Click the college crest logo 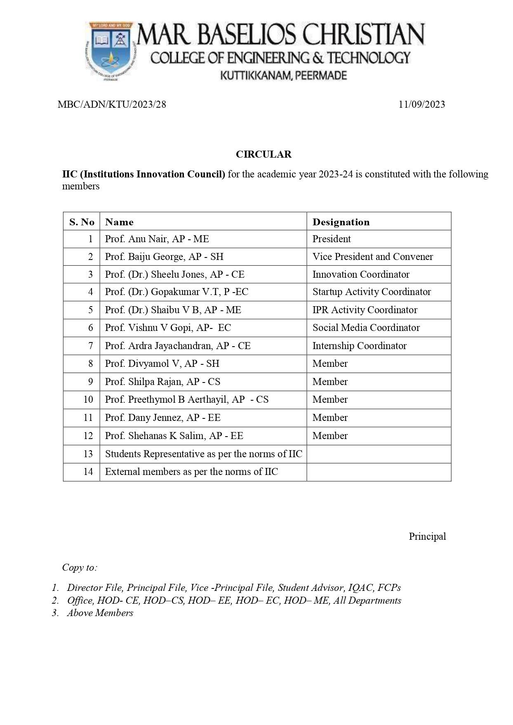pyautogui.click(x=110, y=51)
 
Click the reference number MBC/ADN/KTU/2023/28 pyautogui.click(x=112, y=104)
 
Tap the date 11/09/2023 pyautogui.click(x=421, y=104)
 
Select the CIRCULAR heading pyautogui.click(x=264, y=154)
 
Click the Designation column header pyautogui.click(x=341, y=222)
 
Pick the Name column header pyautogui.click(x=119, y=222)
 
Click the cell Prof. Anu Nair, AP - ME pyautogui.click(x=157, y=239)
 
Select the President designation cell pyautogui.click(x=332, y=239)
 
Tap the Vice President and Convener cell pyautogui.click(x=372, y=257)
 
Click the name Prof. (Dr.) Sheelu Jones pyautogui.click(x=174, y=274)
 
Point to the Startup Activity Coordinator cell pyautogui.click(x=372, y=292)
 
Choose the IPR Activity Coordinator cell pyautogui.click(x=365, y=310)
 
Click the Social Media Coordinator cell pyautogui.click(x=366, y=328)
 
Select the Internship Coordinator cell pyautogui.click(x=359, y=346)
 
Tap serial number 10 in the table pyautogui.click(x=88, y=399)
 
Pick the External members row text pyautogui.click(x=191, y=472)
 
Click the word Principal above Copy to pyautogui.click(x=427, y=536)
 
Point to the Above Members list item pyautogui.click(x=100, y=613)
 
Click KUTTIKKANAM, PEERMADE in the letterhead pyautogui.click(x=283, y=76)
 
